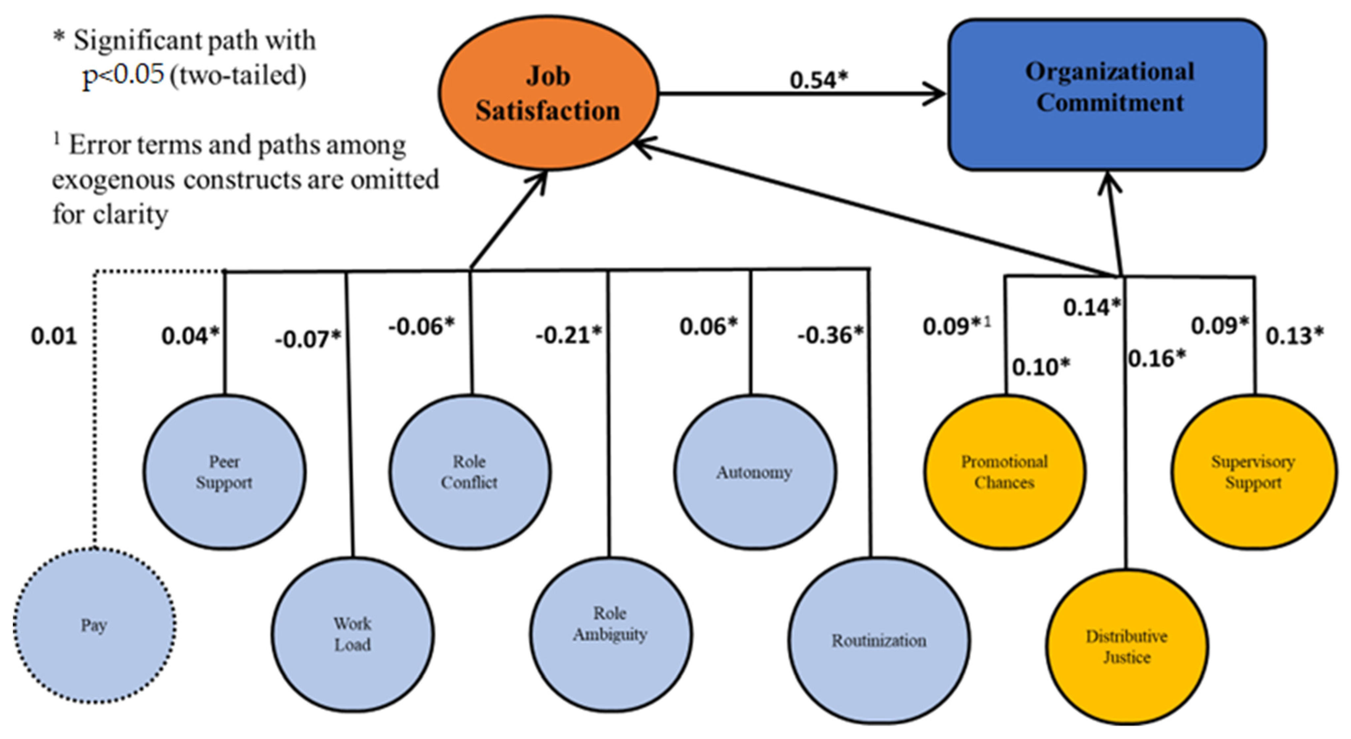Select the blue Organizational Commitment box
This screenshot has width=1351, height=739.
pyautogui.click(x=1108, y=94)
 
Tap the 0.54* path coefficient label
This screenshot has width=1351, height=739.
pyautogui.click(x=818, y=80)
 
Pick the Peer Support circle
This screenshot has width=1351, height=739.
pyautogui.click(x=224, y=472)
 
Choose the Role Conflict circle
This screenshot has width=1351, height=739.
pyautogui.click(x=469, y=472)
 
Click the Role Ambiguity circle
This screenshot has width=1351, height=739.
pyautogui.click(x=610, y=635)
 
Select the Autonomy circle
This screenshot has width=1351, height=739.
pyautogui.click(x=754, y=472)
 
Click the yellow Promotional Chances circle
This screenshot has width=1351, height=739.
pyautogui.click(x=1004, y=472)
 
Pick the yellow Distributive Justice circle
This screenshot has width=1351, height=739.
pyautogui.click(x=1127, y=646)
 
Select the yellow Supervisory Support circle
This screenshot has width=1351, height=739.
pyautogui.click(x=1253, y=472)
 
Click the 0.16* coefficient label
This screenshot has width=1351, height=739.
pyautogui.click(x=1157, y=359)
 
